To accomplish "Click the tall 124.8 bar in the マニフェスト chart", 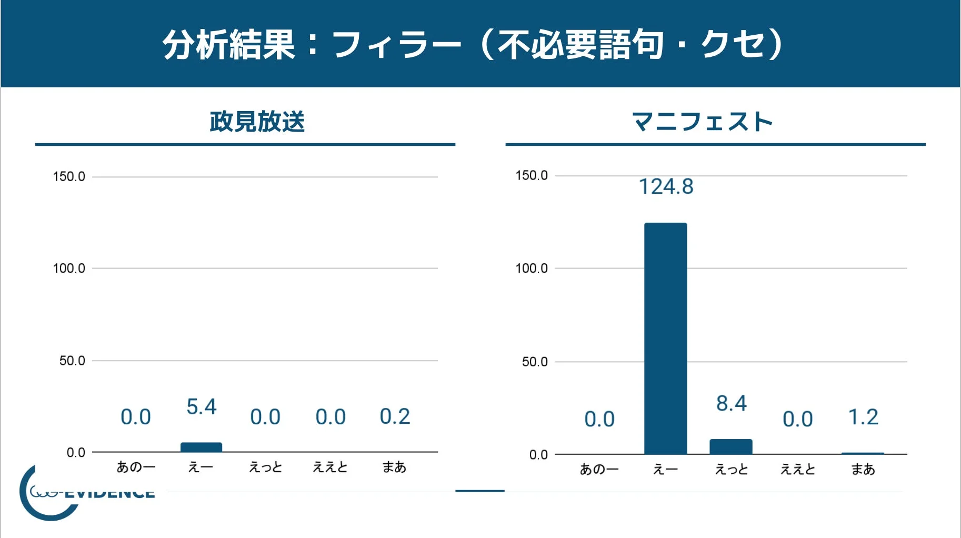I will click(665, 338).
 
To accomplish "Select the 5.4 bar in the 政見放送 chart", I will click(201, 447).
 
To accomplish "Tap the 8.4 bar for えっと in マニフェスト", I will click(730, 446).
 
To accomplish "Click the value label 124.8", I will click(666, 187).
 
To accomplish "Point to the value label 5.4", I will click(201, 407).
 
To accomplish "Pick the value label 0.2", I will click(395, 416).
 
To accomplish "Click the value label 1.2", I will click(863, 417).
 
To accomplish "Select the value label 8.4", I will click(731, 404).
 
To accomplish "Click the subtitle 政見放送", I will click(257, 122).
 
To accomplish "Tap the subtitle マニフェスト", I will click(702, 122).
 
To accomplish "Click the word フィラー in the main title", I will click(396, 45).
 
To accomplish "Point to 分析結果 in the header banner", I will click(228, 45).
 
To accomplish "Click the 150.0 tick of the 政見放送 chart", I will click(69, 176).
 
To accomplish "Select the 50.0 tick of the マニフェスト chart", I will click(534, 362).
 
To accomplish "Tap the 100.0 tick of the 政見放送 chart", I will click(69, 268).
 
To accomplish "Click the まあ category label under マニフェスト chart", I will click(863, 469).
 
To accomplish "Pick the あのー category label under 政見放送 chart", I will click(136, 467).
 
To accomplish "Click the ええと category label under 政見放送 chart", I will click(330, 467).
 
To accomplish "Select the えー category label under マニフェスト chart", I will click(665, 469).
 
